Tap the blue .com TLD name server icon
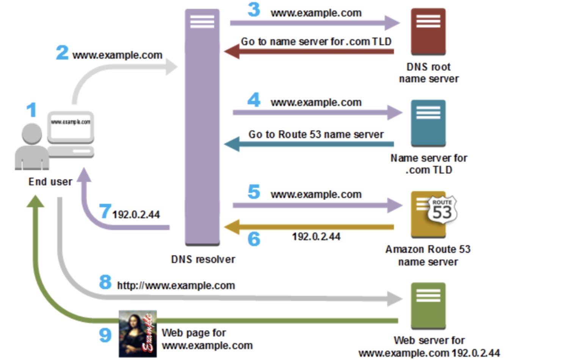click(x=428, y=123)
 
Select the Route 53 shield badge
click(x=442, y=210)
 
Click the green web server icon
click(x=428, y=305)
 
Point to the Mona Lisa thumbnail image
click(x=138, y=334)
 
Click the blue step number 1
click(x=31, y=110)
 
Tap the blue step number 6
click(x=254, y=239)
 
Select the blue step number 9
click(x=105, y=335)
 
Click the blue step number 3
click(x=254, y=10)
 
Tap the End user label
click(x=50, y=182)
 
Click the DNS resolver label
click(x=203, y=260)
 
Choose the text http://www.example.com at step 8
click(x=176, y=286)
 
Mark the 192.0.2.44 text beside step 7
click(x=136, y=215)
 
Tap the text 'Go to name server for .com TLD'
click(x=316, y=42)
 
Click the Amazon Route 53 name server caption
click(x=428, y=255)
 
